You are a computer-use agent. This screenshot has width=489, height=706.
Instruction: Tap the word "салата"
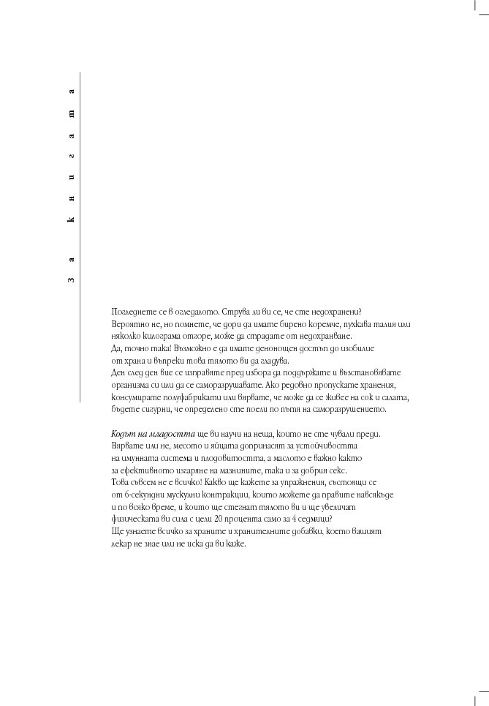pyautogui.click(x=395, y=397)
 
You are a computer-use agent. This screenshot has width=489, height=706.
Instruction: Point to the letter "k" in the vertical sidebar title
pyautogui.click(x=72, y=220)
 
